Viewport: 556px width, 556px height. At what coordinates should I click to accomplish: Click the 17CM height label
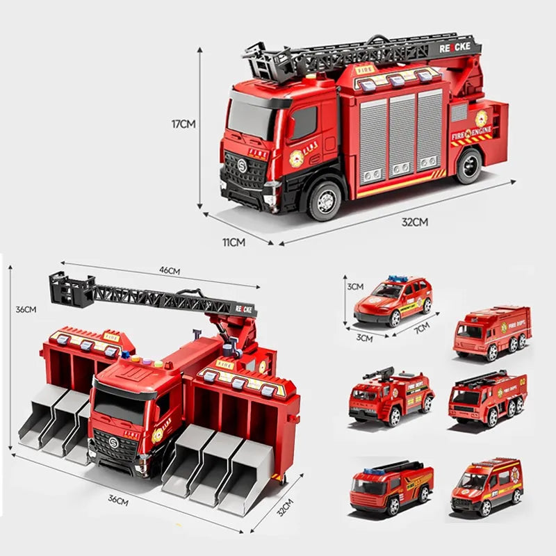[184, 124]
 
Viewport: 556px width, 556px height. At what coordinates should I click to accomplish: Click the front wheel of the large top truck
[325, 199]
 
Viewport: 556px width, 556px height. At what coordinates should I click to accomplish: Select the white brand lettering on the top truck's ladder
[455, 47]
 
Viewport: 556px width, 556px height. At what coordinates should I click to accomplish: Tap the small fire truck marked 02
[487, 398]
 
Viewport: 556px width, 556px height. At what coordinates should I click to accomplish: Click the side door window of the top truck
[304, 123]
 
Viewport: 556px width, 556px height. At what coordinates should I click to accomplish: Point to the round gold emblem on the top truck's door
[297, 158]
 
